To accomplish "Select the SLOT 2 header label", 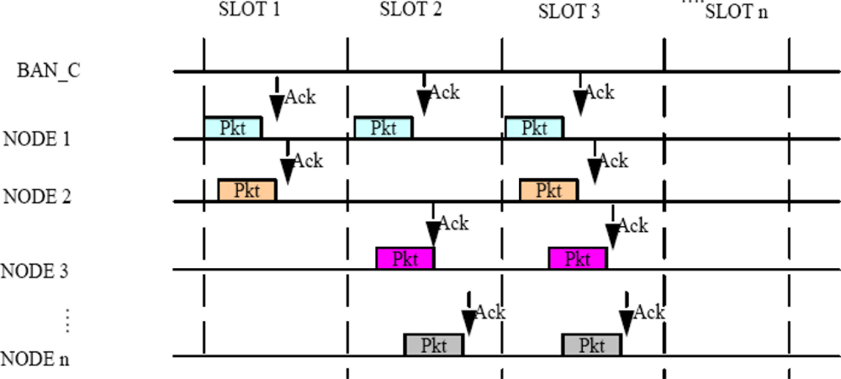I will (410, 11).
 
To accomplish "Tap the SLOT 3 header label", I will (569, 13).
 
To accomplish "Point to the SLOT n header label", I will (737, 13).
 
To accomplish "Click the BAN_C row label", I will (50, 71).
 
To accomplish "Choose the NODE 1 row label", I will (37, 138).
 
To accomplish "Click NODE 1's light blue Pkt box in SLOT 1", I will (233, 128).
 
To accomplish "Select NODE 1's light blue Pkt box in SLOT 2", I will (383, 128).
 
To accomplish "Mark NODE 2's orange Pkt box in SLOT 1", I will (247, 190).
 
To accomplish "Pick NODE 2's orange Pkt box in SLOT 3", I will (548, 190).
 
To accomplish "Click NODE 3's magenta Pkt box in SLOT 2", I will (405, 258).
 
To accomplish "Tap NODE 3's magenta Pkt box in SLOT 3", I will (577, 258).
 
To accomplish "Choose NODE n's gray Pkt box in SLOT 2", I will (433, 345).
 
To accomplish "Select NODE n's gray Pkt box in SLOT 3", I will (592, 345).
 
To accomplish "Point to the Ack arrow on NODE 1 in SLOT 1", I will (277, 101).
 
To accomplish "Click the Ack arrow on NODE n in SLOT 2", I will (468, 318).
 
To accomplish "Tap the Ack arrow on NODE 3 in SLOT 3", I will (613, 231).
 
